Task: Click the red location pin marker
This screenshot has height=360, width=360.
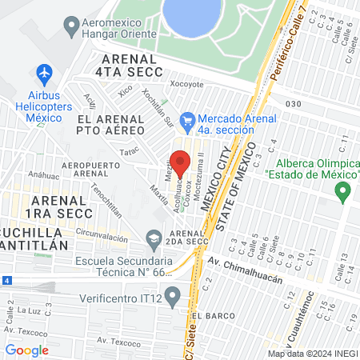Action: pyautogui.click(x=182, y=162)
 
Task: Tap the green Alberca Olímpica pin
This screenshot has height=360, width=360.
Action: pyautogui.click(x=343, y=192)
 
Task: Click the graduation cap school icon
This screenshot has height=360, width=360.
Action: pyautogui.click(x=154, y=237)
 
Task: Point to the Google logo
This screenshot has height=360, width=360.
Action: pyautogui.click(x=26, y=350)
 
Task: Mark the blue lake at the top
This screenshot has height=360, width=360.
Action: pyautogui.click(x=193, y=13)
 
